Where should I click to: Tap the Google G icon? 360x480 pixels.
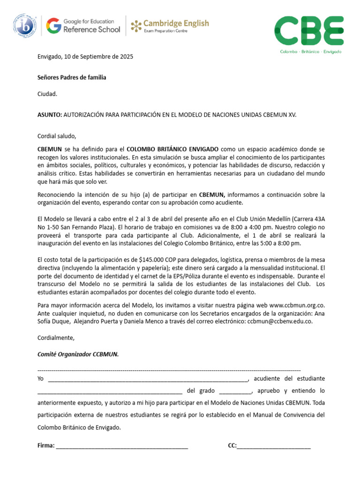pyautogui.click(x=53, y=26)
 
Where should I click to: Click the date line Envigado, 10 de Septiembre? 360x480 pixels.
pyautogui.click(x=85, y=57)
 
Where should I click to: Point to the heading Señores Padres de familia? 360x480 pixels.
pyautogui.click(x=72, y=77)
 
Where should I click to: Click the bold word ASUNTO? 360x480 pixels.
pyautogui.click(x=50, y=114)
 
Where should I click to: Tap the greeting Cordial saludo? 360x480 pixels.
pyautogui.click(x=57, y=136)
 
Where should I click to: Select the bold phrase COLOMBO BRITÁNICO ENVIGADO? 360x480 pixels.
pyautogui.click(x=172, y=149)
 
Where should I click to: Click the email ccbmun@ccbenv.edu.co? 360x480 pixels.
pyautogui.click(x=279, y=322)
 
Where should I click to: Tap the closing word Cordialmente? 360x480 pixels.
pyautogui.click(x=56, y=337)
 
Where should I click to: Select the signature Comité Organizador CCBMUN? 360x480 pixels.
pyautogui.click(x=78, y=354)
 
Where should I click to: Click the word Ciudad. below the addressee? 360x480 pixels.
pyautogui.click(x=47, y=94)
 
